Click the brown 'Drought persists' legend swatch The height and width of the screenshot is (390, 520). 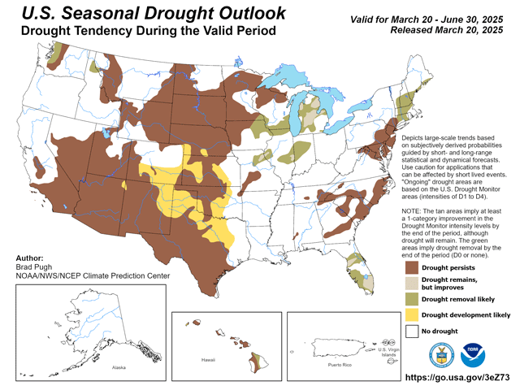point(412,265)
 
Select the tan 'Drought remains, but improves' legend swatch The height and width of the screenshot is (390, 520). point(412,281)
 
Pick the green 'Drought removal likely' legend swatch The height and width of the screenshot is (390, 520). point(412,297)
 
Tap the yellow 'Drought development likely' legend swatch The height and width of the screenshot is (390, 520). point(412,314)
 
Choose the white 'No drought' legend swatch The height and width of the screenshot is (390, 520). point(412,331)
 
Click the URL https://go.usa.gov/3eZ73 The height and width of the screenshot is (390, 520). point(459,379)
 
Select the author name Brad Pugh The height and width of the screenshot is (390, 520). point(35,266)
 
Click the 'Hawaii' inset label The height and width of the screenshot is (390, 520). point(207,358)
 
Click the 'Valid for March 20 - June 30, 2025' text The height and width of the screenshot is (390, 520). point(431,18)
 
